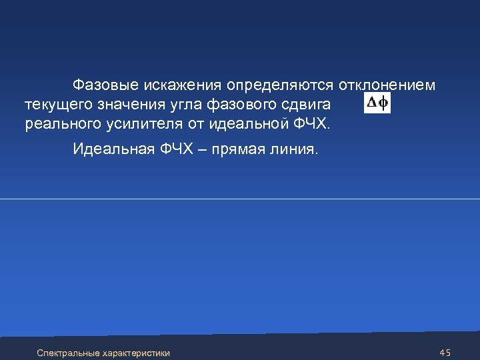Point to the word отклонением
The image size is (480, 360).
coord(387,85)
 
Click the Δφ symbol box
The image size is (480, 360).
coord(378,103)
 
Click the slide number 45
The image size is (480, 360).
coord(445,352)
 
